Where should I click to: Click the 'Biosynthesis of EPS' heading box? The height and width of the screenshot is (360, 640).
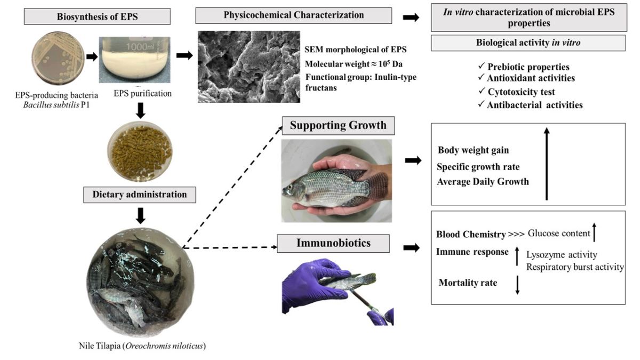(98, 17)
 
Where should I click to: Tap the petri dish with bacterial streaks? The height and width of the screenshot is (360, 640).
(57, 63)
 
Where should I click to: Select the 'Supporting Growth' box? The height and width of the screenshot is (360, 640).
(338, 127)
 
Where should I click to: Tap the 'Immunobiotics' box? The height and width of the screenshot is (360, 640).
(334, 244)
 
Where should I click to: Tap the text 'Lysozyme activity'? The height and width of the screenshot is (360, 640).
(562, 255)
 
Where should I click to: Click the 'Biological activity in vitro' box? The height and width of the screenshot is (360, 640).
(528, 43)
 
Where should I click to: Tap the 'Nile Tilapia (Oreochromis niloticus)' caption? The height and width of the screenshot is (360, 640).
(141, 345)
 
